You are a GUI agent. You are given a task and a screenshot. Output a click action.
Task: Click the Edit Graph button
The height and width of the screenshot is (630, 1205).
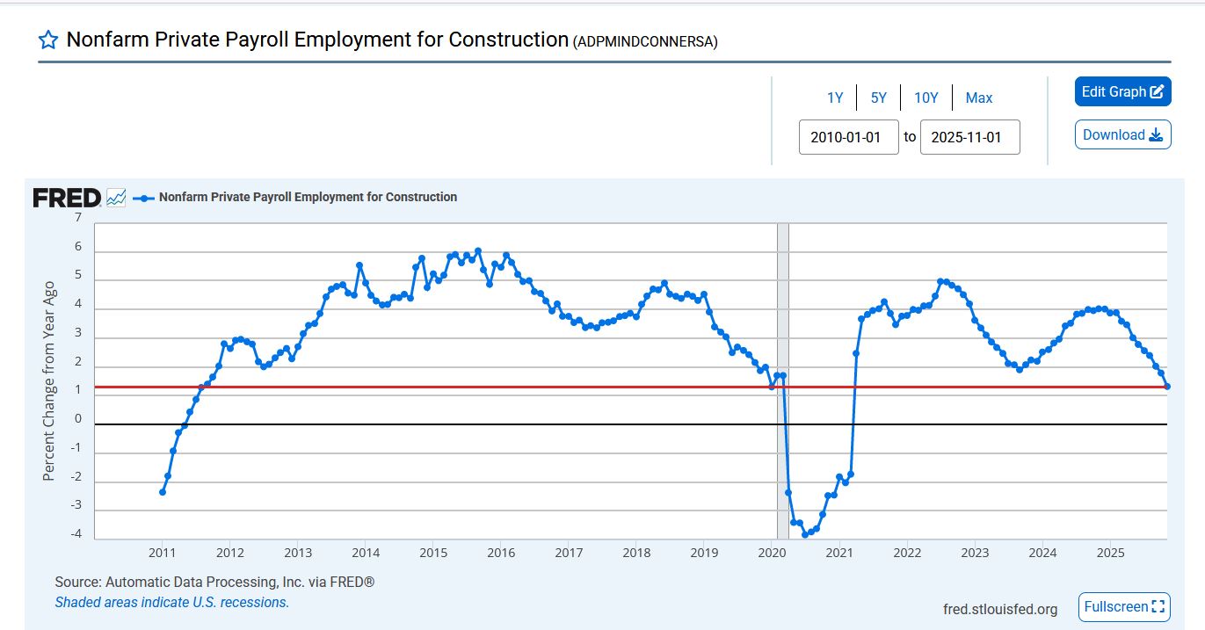1122,91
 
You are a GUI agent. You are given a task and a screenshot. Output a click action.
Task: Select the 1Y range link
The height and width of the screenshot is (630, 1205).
835,98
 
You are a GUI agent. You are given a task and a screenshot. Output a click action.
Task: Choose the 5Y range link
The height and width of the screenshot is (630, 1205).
879,98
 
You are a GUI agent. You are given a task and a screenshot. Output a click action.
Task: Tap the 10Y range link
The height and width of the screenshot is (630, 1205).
926,98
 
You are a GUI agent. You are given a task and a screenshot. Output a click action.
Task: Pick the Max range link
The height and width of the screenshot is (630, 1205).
979,98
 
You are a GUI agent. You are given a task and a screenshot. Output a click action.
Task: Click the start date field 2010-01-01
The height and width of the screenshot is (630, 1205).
848,137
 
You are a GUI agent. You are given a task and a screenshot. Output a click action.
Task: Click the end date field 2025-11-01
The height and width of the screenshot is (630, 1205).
969,137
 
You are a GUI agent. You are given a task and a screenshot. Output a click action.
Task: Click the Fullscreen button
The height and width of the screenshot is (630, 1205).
1124,606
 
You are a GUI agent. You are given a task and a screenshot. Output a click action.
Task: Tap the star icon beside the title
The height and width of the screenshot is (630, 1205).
48,40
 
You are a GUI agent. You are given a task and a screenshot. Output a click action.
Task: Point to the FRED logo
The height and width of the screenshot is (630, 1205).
67,198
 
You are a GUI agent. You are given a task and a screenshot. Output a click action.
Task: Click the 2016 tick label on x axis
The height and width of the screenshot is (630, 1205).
501,553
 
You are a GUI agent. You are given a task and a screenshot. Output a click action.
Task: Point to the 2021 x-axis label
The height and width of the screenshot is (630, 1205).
839,553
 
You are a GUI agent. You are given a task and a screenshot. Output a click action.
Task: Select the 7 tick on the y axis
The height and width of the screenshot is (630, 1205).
78,218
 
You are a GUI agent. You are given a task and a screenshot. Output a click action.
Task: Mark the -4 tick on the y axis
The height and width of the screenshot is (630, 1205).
76,534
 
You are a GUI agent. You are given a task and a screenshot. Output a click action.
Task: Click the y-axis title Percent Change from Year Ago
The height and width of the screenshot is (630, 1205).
49,380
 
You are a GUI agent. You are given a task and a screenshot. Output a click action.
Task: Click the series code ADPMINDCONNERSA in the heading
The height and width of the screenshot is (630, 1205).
645,41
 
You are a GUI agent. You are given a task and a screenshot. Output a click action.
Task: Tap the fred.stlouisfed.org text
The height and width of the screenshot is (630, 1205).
999,609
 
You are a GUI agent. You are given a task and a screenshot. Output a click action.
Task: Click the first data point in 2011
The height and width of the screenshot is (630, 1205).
163,491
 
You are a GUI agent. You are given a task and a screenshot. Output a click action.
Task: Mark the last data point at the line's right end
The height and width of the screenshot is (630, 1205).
1167,387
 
